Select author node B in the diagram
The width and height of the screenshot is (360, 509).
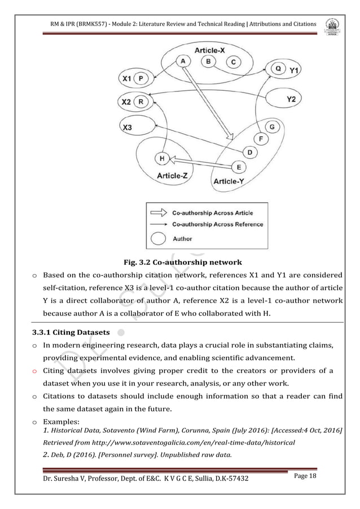coord(208,61)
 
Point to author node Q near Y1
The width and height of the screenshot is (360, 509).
coord(277,68)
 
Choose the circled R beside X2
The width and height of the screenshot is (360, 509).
coord(141,102)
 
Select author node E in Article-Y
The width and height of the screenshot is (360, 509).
coord(239,166)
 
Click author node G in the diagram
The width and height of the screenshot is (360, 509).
coord(272,127)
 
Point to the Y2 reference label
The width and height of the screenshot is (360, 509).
coord(291,99)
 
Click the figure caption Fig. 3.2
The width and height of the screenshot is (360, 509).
coord(179,262)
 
